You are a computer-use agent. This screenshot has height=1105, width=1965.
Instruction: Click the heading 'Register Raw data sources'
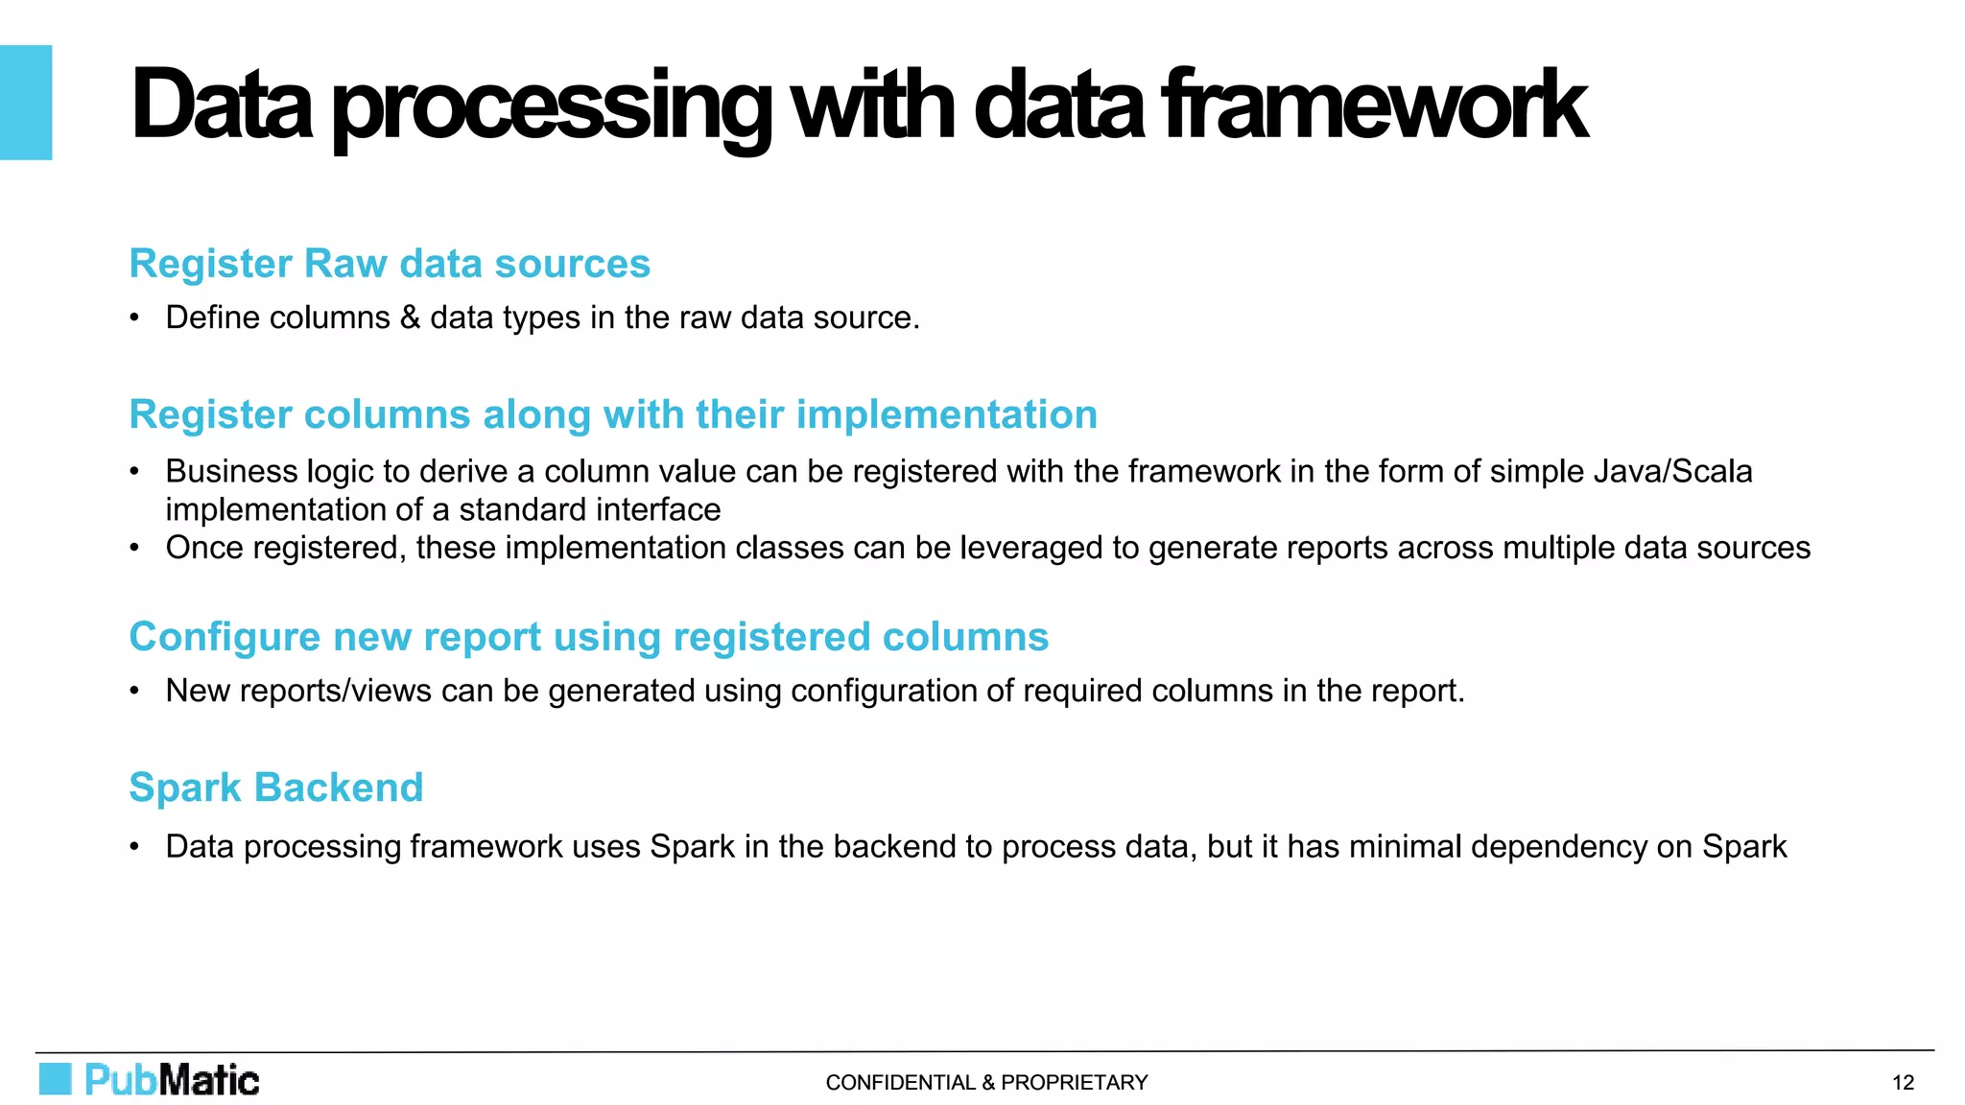tap(390, 264)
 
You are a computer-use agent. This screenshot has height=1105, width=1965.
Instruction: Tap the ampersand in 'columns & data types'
tap(410, 317)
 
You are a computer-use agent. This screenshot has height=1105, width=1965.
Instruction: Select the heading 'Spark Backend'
tap(276, 788)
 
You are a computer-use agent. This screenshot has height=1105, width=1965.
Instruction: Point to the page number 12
tap(1903, 1083)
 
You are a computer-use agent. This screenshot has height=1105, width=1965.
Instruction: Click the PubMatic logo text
tap(173, 1080)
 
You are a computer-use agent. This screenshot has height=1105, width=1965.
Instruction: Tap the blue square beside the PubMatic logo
tap(56, 1079)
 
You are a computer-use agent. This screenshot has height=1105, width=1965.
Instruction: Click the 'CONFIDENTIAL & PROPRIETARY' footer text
tap(986, 1083)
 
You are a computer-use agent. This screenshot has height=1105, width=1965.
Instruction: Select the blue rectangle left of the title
tap(26, 103)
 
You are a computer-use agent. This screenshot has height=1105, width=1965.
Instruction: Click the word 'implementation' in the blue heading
tap(946, 415)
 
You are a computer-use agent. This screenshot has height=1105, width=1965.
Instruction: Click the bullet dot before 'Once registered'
tap(135, 549)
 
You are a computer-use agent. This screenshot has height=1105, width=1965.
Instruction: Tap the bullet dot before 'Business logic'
tap(135, 472)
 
